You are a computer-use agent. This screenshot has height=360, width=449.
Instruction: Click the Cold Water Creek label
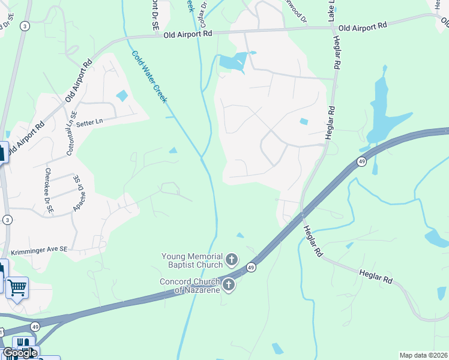149,77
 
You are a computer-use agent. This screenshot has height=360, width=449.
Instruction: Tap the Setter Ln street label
90,122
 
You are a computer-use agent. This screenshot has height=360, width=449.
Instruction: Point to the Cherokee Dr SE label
49,191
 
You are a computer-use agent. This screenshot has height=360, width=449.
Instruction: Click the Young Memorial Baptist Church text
192,260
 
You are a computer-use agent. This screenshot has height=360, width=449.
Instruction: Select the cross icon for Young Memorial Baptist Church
232,260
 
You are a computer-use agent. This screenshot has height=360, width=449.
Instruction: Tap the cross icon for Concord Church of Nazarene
228,285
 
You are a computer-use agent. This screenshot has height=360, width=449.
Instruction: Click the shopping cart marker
17,287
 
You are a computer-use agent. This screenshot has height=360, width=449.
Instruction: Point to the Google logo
20,353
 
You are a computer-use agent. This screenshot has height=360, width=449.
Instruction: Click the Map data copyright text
424,355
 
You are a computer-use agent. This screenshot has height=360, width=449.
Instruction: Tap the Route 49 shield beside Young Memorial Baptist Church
252,268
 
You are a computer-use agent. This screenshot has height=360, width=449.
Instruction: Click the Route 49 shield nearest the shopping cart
37,326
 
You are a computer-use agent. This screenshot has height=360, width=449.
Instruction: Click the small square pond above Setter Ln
122,95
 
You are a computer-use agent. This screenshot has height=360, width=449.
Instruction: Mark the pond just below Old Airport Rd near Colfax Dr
233,61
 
